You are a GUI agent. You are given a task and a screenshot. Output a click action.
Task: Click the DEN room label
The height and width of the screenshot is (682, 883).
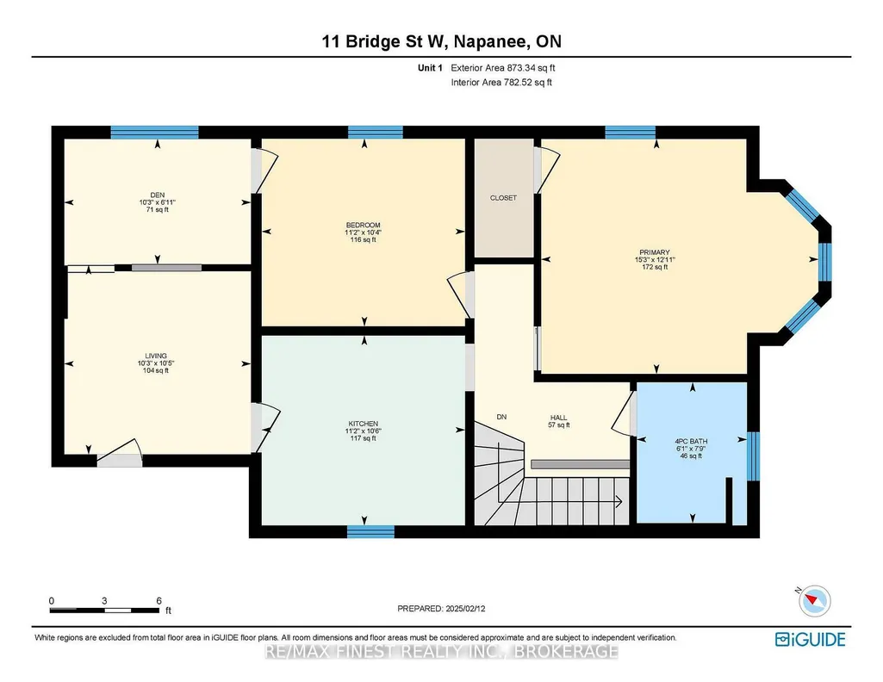[158, 195]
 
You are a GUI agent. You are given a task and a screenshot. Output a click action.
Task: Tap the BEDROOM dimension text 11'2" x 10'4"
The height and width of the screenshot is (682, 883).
[364, 232]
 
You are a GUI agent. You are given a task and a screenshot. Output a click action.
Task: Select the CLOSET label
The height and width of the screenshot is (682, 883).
[503, 198]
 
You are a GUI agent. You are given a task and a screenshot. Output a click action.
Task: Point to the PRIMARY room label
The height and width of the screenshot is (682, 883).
[655, 252]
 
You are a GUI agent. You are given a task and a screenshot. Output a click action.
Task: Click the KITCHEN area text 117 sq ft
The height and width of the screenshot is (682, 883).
[364, 438]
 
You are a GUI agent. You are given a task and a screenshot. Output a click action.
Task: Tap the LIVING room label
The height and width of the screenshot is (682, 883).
[156, 356]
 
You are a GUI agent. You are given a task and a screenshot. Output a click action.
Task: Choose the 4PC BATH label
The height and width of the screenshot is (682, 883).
[692, 442]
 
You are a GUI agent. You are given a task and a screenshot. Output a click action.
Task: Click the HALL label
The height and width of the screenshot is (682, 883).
[558, 418]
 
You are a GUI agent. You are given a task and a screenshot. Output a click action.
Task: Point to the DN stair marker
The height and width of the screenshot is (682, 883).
[501, 417]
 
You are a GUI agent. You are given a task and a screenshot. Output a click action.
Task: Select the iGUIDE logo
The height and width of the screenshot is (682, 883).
[811, 640]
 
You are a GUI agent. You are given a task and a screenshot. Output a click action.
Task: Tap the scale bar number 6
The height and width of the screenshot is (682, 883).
[159, 601]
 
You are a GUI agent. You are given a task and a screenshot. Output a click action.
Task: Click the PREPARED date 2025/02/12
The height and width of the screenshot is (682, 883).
[465, 608]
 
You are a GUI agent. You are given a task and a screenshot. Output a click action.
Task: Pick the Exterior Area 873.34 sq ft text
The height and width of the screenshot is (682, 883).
[503, 67]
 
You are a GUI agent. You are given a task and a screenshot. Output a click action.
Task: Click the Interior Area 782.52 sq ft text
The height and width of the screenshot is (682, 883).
[501, 82]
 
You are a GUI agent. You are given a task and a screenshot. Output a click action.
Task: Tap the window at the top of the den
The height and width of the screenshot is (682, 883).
[154, 133]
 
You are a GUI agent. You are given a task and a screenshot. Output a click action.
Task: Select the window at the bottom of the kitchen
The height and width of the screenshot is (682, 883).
[370, 532]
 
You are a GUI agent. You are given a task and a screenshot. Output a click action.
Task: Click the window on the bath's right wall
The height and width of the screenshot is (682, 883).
[753, 456]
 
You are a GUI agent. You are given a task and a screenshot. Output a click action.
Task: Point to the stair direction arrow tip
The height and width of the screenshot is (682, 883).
[622, 501]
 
